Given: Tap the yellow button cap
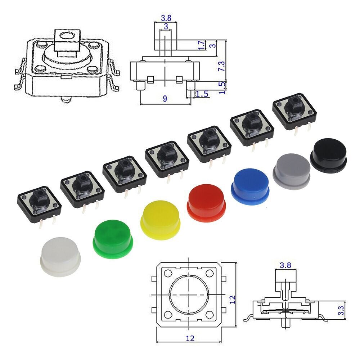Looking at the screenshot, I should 160,220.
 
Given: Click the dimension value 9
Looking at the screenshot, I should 165,98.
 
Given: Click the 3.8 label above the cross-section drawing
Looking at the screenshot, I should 285,265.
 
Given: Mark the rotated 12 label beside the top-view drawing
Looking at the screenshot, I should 232,298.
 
